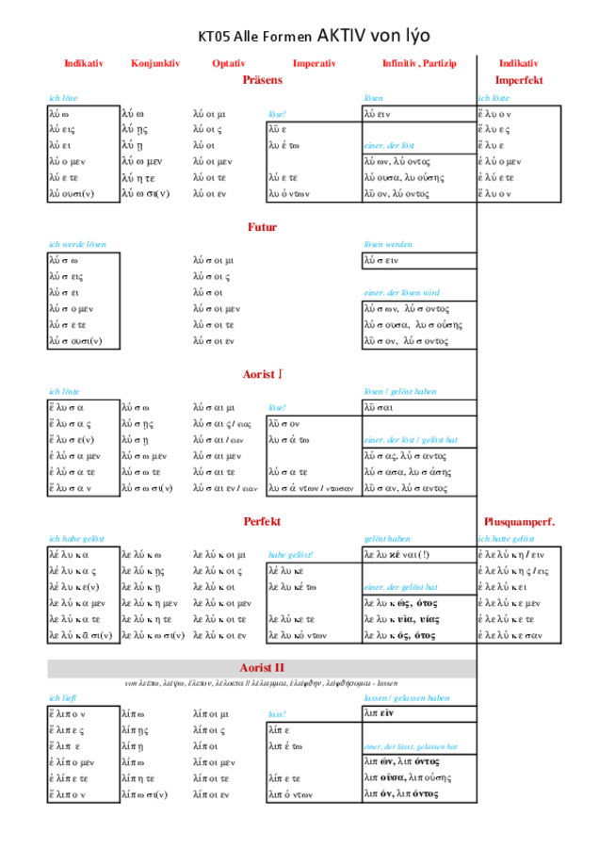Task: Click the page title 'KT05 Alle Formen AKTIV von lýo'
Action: (315, 37)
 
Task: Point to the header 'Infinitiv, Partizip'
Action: (418, 63)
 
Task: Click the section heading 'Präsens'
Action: (262, 80)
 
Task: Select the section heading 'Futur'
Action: (262, 227)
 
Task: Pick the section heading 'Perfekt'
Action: (262, 521)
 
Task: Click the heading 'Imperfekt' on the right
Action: (519, 80)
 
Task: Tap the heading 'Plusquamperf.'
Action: (519, 521)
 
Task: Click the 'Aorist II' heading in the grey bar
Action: (262, 667)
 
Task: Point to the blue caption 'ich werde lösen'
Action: (77, 244)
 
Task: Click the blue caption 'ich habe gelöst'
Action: (76, 538)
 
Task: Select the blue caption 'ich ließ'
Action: (62, 697)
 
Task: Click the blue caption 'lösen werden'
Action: (388, 244)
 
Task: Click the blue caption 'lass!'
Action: (277, 714)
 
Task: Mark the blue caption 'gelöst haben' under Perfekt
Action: (387, 538)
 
